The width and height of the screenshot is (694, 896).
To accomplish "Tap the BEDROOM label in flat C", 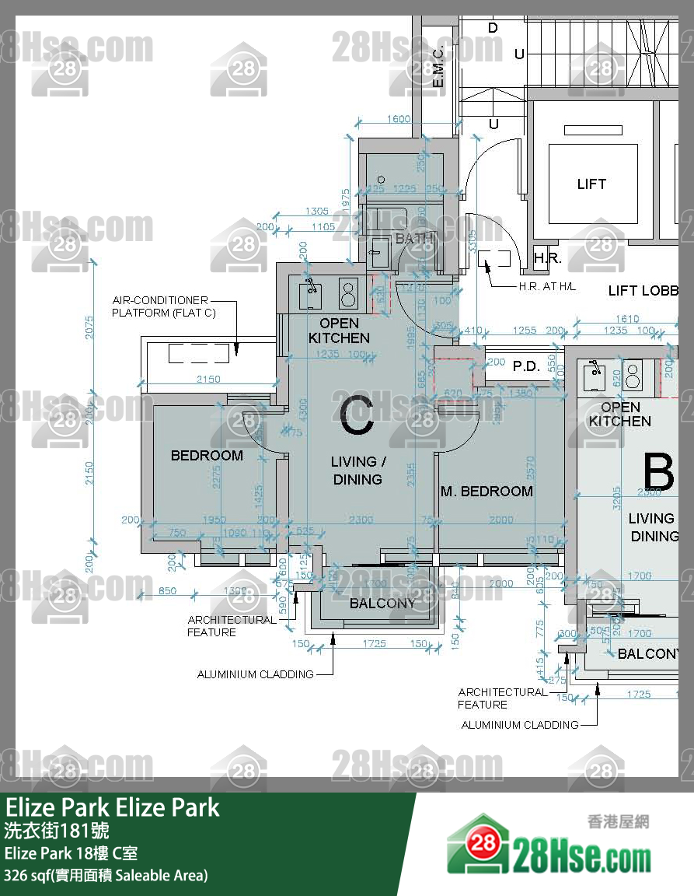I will point(207,456).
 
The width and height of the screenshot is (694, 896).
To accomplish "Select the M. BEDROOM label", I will point(486,492).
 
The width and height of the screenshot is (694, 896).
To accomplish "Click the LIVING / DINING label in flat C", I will point(357,471).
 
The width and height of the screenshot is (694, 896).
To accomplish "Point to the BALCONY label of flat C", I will point(382,604).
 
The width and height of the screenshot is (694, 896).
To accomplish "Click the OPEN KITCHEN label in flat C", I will point(339,331).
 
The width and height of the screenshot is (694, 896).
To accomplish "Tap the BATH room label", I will point(414,239).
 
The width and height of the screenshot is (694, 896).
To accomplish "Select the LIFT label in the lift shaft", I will point(591,184).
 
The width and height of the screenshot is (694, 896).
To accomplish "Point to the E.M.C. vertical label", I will point(438,66).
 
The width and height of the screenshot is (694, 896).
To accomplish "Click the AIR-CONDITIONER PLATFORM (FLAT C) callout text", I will point(163,306).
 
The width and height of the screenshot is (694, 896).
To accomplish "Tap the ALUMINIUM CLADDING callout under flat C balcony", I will point(255,674).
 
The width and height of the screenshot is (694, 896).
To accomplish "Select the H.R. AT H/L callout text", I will point(547,287).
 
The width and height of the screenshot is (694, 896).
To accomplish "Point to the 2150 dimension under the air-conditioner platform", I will point(208,380).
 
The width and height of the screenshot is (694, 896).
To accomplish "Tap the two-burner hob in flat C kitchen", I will point(347,293).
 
